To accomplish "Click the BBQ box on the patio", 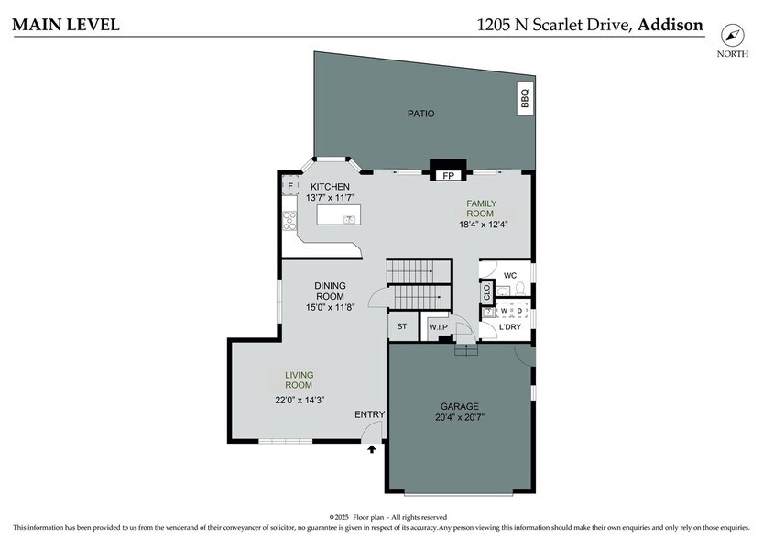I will click(525, 98).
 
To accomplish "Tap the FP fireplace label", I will click(449, 174).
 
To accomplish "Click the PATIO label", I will click(421, 114).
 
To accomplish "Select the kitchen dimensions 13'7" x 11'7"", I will click(330, 198).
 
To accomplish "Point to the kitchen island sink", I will click(349, 219).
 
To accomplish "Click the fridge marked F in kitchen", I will click(290, 187).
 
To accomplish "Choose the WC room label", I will click(510, 275).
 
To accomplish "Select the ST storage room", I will click(401, 325).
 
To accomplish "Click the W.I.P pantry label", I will click(438, 326).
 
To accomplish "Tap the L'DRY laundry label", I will click(510, 327).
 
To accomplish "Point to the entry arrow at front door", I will click(372, 449).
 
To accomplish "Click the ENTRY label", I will click(369, 415).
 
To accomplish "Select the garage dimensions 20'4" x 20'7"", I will click(460, 417).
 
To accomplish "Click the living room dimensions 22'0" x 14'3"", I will click(300, 399).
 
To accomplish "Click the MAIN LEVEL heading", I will click(65, 25).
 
